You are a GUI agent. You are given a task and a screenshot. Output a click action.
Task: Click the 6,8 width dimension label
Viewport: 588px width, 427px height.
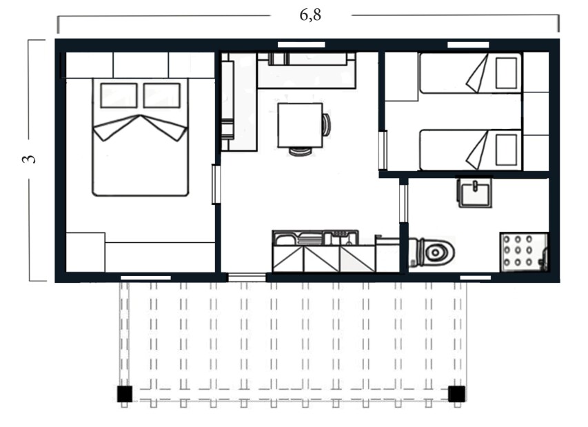pos(310,15)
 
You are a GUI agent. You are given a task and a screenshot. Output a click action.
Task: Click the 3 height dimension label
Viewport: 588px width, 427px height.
pos(29,159)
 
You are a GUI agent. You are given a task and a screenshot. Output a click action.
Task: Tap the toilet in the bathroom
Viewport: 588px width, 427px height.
pos(432,252)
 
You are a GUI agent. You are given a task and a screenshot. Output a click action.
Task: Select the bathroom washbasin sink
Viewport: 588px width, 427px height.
pos(474,193)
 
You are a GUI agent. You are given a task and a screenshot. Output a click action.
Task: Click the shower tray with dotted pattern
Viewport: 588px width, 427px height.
pos(524,252)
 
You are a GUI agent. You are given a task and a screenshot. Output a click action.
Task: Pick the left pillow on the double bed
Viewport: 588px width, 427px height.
pos(119,95)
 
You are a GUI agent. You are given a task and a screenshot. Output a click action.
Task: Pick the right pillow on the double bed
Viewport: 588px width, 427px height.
pos(161,95)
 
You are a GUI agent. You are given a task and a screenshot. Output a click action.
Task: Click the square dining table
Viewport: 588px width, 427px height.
pos(300,125)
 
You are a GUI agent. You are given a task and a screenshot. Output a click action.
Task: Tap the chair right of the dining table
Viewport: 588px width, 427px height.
pos(327,125)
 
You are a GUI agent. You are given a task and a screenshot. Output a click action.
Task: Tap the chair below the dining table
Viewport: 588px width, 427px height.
pos(300,151)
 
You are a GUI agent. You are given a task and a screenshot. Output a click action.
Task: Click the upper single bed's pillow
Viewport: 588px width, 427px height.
pos(506,73)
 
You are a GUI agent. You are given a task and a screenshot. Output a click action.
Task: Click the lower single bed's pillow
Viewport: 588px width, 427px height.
pos(506,150)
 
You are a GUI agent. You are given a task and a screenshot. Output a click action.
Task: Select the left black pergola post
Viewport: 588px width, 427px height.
pos(125,394)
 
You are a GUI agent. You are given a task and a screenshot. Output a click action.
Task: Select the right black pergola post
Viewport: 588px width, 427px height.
pos(457,394)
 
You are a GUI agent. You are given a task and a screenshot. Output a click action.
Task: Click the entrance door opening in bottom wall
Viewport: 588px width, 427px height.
pos(247,278)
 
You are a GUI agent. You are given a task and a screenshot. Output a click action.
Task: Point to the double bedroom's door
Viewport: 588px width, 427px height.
pos(216,184)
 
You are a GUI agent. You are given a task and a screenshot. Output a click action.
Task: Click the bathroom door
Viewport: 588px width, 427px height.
pos(403,203)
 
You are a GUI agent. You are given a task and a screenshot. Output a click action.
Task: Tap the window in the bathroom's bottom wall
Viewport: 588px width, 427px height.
pos(475,278)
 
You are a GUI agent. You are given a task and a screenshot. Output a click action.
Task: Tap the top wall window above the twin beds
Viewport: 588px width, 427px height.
pos(468,45)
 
